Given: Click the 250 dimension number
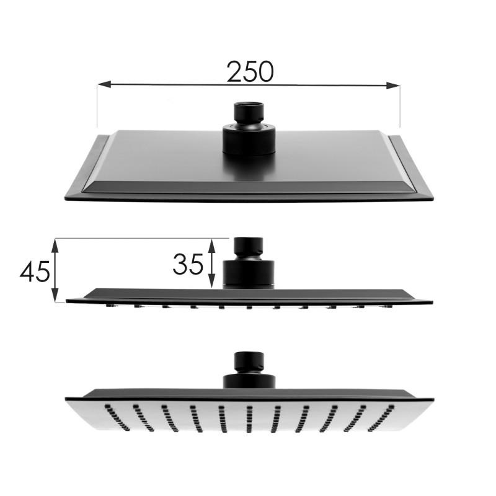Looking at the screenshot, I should click(x=249, y=71).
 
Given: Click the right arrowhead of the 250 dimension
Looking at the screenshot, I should click(x=393, y=86).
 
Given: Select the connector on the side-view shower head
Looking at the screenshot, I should click(x=249, y=263).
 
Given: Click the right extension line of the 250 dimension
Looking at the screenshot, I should click(x=400, y=108).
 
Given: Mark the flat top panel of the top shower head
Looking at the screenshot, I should click(x=186, y=155).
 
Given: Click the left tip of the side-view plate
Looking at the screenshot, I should click(x=67, y=301).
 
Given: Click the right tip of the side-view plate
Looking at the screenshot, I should click(x=432, y=302).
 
